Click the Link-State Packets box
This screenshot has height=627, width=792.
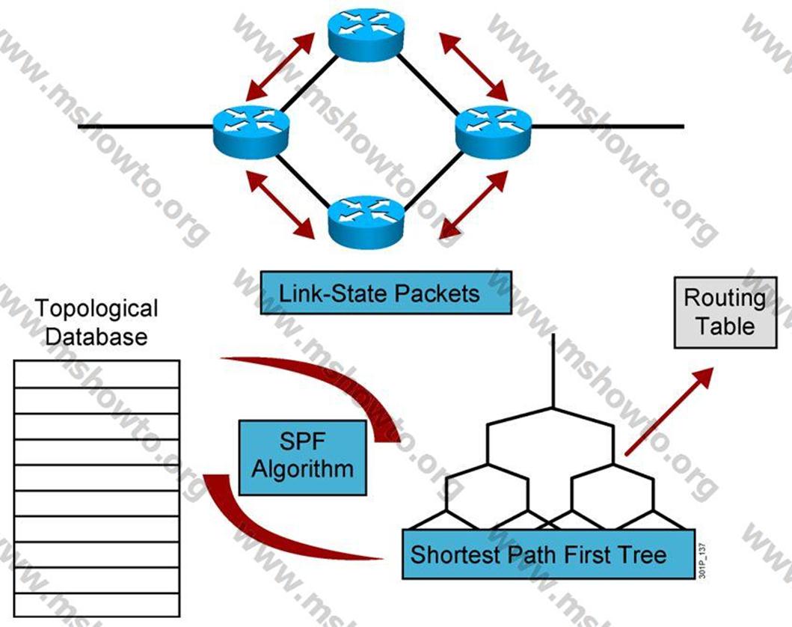(386, 293)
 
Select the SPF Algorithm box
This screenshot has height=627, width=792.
(303, 457)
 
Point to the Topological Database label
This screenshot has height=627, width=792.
(97, 322)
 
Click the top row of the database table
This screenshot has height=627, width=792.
(97, 374)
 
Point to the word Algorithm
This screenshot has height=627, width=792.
(303, 469)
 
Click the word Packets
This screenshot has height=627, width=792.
(438, 293)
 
